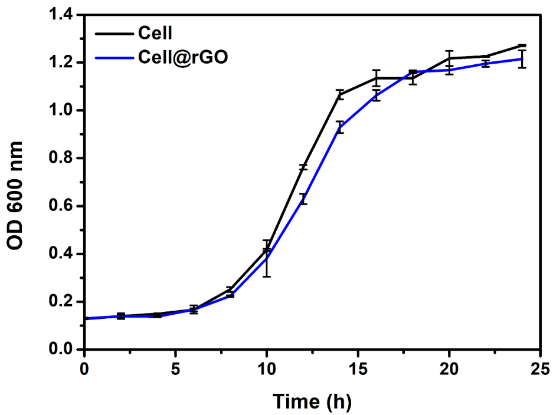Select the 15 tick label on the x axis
358,370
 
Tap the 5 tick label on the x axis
175,370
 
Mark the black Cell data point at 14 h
339,94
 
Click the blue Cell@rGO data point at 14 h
339,127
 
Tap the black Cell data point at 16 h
376,78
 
